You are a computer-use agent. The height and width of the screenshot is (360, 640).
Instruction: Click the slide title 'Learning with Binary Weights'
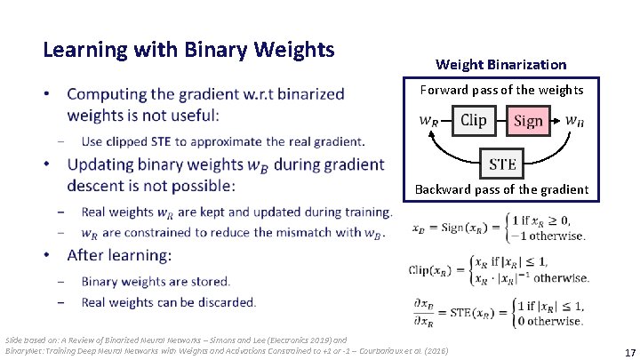(x=188, y=49)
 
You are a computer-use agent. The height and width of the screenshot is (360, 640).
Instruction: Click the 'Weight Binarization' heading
(x=500, y=64)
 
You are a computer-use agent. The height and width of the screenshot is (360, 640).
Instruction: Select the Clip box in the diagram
(x=474, y=120)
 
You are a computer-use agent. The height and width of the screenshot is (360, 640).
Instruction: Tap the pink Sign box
(x=528, y=121)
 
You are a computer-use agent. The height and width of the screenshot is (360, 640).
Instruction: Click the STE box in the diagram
(x=502, y=164)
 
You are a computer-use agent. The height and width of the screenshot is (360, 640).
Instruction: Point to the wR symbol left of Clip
(x=429, y=121)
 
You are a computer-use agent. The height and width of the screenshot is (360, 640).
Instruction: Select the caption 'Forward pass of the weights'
(x=502, y=89)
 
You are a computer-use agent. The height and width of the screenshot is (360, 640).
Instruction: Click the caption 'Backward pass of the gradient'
(x=502, y=188)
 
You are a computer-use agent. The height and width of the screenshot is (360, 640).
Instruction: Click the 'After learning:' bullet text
(x=119, y=255)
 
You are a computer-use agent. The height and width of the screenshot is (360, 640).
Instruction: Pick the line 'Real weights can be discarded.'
(x=168, y=302)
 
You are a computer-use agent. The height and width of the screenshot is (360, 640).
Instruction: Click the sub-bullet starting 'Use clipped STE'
(x=222, y=141)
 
